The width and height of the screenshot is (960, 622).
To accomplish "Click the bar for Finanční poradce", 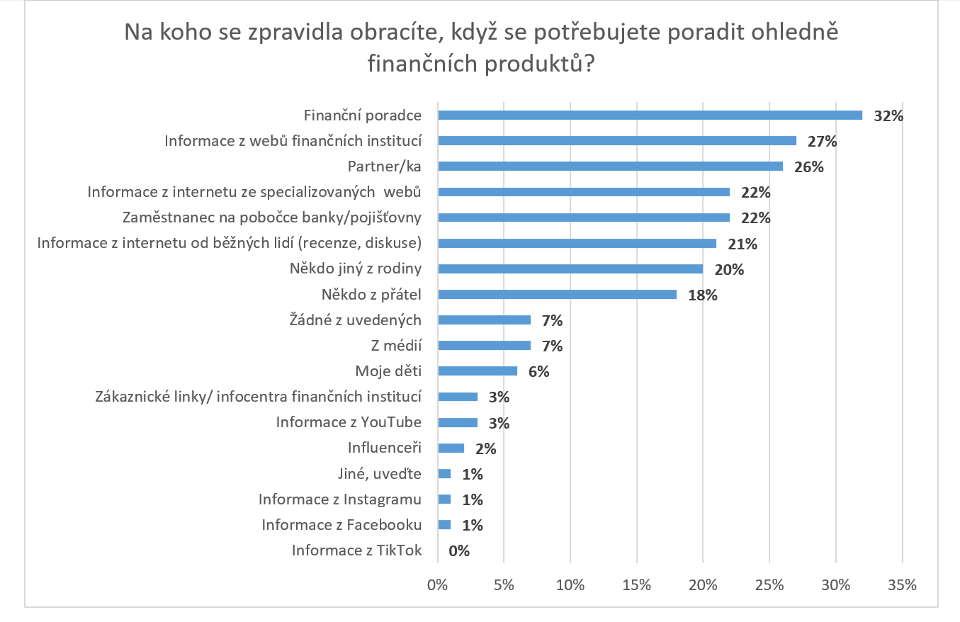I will tap(650, 115).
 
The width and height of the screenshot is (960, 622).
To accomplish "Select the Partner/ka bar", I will tap(610, 166).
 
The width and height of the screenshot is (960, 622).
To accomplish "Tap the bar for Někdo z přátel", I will tap(557, 294).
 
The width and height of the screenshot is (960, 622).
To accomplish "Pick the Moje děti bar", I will tap(478, 371).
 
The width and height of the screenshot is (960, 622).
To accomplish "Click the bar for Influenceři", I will tap(451, 448).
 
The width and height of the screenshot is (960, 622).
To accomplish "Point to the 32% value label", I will tap(888, 115).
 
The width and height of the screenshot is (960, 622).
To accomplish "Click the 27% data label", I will tap(823, 141).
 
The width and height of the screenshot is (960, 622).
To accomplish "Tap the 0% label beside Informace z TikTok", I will tap(459, 550).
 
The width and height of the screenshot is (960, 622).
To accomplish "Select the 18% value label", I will tap(703, 295).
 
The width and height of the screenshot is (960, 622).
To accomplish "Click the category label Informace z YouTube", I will tap(349, 422).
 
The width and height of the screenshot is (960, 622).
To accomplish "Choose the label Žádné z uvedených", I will tap(356, 320).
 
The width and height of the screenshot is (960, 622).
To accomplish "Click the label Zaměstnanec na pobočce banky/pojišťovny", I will tap(272, 217).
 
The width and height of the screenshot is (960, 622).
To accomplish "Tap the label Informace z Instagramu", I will tap(340, 499).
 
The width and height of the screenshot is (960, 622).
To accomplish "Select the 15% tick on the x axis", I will tap(636, 585).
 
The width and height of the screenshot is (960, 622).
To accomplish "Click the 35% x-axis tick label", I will tap(902, 585).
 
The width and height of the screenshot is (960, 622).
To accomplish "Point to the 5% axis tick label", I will tap(504, 585).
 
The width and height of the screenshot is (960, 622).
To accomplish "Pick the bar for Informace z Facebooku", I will tap(444, 525).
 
